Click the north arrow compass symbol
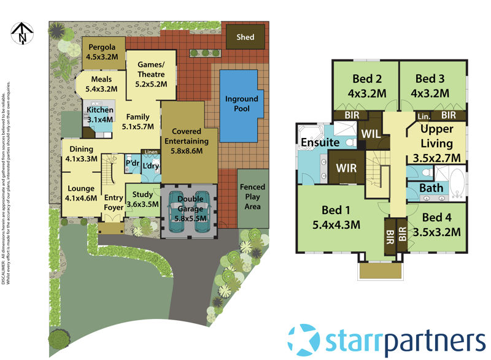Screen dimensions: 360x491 (23, 34)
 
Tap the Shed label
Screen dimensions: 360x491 (245, 37)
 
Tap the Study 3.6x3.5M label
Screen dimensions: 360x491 (142, 200)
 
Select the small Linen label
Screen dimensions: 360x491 (150, 153)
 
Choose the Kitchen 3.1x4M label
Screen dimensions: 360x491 (99, 115)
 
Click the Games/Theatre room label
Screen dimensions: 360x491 (151, 79)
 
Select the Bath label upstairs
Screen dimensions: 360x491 (431, 187)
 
